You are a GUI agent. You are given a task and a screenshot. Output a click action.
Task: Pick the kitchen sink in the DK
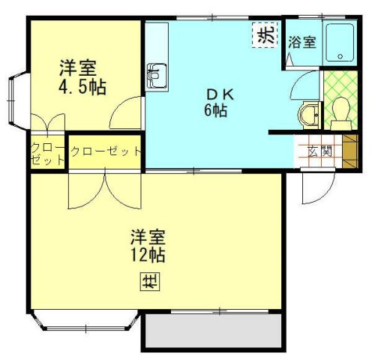pyautogui.click(x=157, y=74)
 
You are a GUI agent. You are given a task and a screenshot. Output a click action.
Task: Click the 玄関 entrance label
pyautogui.click(x=320, y=150)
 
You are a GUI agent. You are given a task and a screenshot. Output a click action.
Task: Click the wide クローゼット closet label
pyautogui.click(x=105, y=151)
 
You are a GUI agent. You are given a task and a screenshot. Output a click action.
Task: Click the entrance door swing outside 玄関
pyautogui.click(x=311, y=187)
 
